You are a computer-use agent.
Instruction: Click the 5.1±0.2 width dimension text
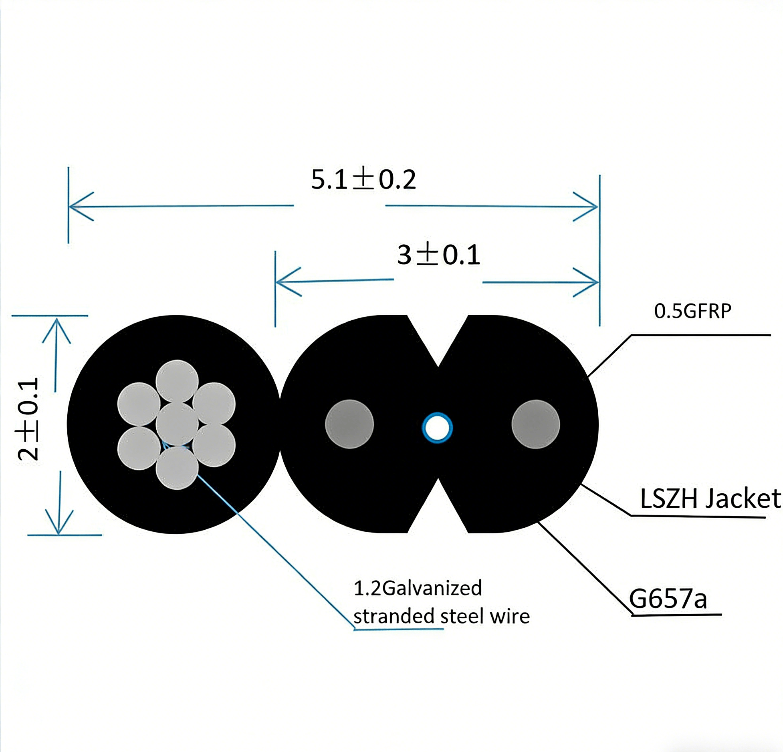[x=363, y=180]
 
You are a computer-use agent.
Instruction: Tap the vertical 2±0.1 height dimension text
[x=28, y=419]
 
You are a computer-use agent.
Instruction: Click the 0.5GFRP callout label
[x=692, y=312]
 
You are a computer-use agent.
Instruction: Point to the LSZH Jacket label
[x=710, y=499]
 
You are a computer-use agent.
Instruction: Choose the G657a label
[x=668, y=599]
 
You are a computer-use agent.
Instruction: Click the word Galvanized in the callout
[x=432, y=588]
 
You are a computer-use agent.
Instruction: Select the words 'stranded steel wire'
[x=441, y=616]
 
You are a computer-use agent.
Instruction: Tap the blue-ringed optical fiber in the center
[x=437, y=428]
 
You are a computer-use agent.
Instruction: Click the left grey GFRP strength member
[x=349, y=424]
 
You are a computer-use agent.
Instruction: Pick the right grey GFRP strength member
[x=535, y=424]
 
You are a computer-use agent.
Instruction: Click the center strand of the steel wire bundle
[x=177, y=424]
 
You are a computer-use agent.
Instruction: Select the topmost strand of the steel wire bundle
[x=177, y=381]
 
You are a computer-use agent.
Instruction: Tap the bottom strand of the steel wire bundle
[x=177, y=468]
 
